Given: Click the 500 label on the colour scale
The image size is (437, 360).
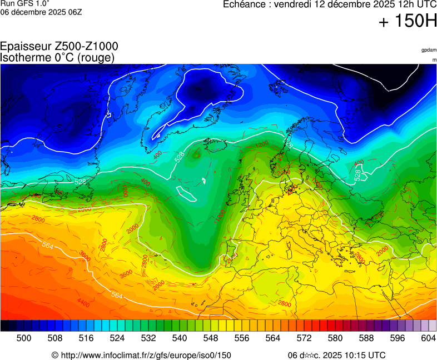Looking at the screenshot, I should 23,338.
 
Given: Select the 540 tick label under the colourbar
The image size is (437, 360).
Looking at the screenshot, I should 179,338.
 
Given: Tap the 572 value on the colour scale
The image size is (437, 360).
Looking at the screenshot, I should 304,338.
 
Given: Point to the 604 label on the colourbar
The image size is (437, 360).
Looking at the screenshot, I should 428,338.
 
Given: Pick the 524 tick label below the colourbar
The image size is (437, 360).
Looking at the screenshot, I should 117,338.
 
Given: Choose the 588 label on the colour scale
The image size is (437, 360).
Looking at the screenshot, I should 366,338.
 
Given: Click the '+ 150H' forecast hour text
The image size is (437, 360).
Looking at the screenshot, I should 407,22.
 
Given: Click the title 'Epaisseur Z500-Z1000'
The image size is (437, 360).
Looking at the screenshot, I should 59,47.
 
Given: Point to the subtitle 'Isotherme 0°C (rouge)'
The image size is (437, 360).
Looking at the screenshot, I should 57,57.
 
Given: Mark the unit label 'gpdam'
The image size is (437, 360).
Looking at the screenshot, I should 429,50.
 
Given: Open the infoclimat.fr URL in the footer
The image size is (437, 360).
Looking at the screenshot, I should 146,355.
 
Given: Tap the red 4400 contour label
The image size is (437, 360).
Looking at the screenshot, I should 83,303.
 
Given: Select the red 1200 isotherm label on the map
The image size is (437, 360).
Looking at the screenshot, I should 261,144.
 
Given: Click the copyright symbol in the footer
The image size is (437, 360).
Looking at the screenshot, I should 55,355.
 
